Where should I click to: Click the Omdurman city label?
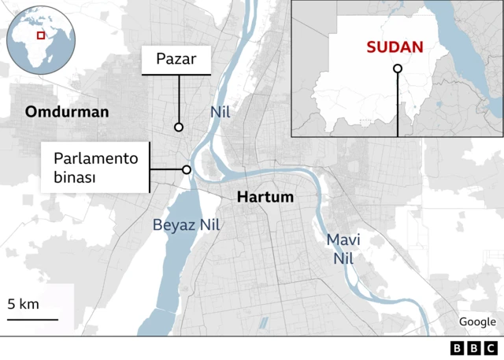pyautogui.click(x=67, y=112)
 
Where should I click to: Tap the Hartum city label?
pyautogui.click(x=265, y=197)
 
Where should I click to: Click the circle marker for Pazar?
pyautogui.click(x=179, y=127)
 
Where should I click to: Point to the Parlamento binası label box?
pyautogui.click(x=96, y=168)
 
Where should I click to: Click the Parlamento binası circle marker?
pyautogui.click(x=187, y=169)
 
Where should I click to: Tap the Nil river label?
pyautogui.click(x=220, y=112)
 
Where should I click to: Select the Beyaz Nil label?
pyautogui.click(x=187, y=225)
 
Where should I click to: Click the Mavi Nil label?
pyautogui.click(x=343, y=248)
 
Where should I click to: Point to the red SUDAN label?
pyautogui.click(x=394, y=46)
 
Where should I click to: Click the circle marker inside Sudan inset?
pyautogui.click(x=398, y=69)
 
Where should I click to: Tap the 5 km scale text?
pyautogui.click(x=24, y=304)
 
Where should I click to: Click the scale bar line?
pyautogui.click(x=33, y=319)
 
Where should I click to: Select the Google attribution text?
pyautogui.click(x=477, y=321)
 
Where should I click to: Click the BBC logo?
pyautogui.click(x=474, y=348)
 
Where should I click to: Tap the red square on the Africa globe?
pyautogui.click(x=41, y=36)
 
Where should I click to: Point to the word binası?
pyautogui.click(x=75, y=178)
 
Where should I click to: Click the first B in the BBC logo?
pyautogui.click(x=458, y=348)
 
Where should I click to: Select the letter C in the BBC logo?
pyautogui.click(x=491, y=348)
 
